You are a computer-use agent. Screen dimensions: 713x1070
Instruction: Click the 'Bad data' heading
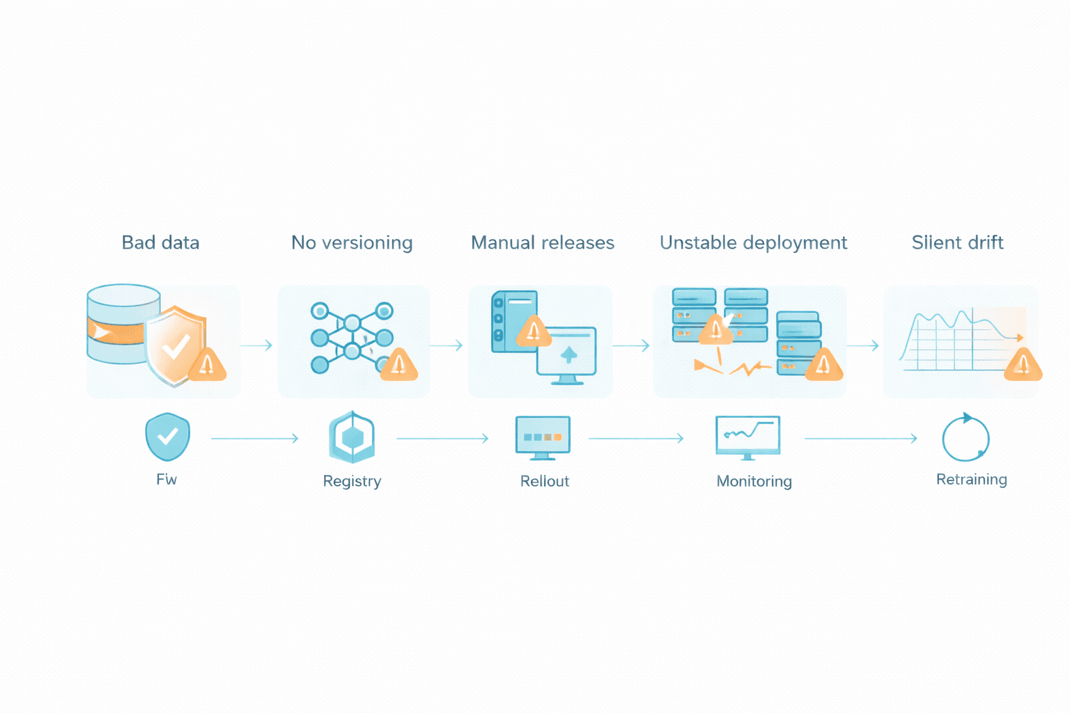click(160, 242)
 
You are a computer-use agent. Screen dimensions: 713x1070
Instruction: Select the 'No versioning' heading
click(352, 242)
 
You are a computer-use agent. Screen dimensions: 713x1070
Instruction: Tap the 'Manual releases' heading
click(543, 242)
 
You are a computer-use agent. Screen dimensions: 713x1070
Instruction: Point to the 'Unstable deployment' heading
click(753, 242)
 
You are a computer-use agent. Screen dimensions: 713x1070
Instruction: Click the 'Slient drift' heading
click(957, 242)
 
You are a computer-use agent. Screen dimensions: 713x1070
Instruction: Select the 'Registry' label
click(352, 481)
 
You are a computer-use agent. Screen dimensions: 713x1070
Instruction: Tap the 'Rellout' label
click(544, 481)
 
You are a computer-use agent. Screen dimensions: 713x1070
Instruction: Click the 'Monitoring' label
click(754, 481)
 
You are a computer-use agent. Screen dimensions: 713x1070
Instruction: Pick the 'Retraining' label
click(971, 479)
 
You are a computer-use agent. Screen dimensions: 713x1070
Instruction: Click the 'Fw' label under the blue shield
click(166, 479)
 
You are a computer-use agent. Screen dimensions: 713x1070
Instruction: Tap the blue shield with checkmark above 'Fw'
click(167, 437)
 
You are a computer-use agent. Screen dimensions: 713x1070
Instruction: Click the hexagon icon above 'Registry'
click(352, 437)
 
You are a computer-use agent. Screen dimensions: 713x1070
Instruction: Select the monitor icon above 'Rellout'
click(543, 437)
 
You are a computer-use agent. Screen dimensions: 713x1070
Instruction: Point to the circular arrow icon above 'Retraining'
click(966, 438)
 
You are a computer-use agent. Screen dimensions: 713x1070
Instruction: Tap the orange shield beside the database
click(176, 345)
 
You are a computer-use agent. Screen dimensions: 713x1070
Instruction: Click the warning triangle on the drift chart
click(1023, 364)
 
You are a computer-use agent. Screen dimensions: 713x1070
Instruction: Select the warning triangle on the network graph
click(398, 364)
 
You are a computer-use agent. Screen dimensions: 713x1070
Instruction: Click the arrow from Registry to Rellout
click(442, 439)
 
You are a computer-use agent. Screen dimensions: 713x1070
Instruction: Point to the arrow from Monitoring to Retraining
click(860, 439)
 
